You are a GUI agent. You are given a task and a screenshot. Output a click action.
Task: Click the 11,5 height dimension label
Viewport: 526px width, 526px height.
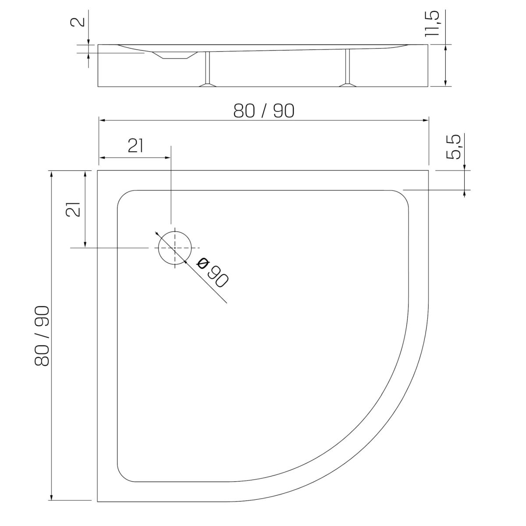432,24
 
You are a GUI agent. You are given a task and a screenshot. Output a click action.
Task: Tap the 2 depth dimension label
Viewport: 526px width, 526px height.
78,21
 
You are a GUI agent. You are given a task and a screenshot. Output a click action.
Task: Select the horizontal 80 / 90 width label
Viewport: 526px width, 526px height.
264,111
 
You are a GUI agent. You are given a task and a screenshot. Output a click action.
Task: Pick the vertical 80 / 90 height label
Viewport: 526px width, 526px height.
42,336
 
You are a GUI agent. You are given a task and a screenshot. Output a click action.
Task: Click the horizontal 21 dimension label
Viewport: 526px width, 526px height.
135,146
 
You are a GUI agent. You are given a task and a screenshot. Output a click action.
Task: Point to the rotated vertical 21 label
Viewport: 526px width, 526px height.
73,210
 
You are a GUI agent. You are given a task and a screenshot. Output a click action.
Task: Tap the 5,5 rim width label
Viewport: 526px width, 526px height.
454,147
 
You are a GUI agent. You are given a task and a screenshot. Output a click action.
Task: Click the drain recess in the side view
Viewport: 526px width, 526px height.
175,55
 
